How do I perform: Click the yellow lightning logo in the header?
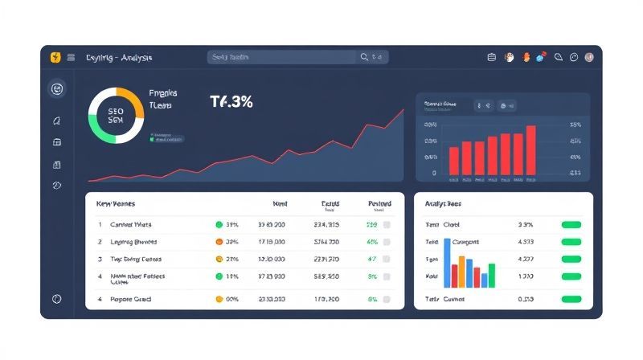(55, 57)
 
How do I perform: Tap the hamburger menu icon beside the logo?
(71, 57)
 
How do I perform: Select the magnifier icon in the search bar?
(365, 57)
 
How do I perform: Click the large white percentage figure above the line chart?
(231, 102)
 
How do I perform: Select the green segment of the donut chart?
(100, 129)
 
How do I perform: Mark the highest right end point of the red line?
(403, 109)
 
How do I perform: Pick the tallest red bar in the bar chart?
(530, 149)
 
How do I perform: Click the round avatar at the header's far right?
(589, 57)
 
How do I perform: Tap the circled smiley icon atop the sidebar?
(56, 89)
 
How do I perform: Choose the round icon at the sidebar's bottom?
(56, 298)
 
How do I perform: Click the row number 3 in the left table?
(100, 260)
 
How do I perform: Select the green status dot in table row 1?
(219, 225)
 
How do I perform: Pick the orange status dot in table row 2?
(219, 242)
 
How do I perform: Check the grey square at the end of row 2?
(387, 242)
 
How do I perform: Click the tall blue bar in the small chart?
(448, 263)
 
